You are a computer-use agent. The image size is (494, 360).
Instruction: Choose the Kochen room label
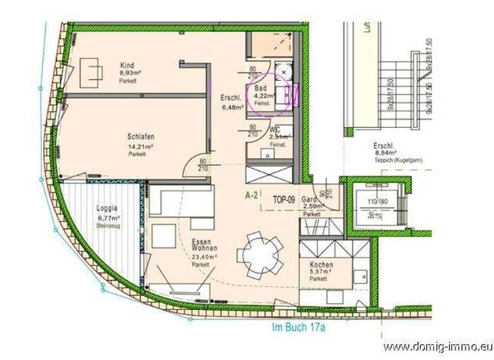(x=320, y=265)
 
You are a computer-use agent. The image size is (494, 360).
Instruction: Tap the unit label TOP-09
(x=284, y=199)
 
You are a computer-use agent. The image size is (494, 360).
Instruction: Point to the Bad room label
(x=261, y=88)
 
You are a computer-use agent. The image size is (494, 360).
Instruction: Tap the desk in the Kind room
(x=91, y=73)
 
